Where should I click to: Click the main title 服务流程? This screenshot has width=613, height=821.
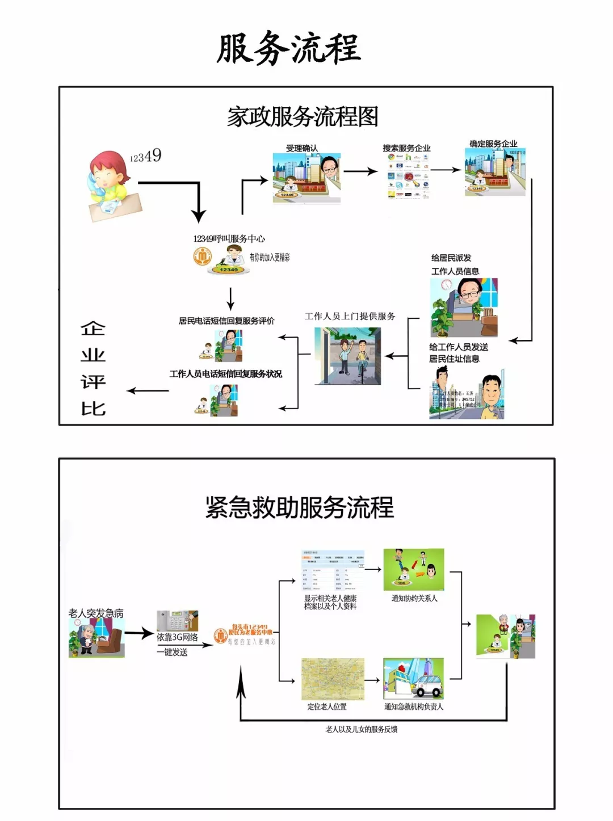click(288, 48)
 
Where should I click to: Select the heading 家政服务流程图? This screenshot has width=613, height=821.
click(303, 117)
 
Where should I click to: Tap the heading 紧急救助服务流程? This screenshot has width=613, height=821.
click(299, 507)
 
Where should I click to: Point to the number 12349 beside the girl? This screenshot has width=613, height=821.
click(146, 155)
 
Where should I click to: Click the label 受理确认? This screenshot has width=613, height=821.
click(302, 148)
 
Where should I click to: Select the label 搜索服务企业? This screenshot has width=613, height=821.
click(406, 148)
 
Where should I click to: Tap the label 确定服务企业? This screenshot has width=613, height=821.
click(493, 144)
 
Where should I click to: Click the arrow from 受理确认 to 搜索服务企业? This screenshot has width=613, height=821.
click(360, 171)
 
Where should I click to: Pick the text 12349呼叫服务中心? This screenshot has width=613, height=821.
click(229, 239)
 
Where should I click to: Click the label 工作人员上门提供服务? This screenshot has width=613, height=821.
click(350, 316)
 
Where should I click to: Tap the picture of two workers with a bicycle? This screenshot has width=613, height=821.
click(348, 356)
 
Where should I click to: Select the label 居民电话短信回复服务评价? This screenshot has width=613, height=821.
click(226, 321)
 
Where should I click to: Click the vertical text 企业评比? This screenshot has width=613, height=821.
click(93, 368)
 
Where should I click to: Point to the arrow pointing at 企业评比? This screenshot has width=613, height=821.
click(148, 390)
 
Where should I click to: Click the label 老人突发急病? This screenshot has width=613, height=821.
click(96, 613)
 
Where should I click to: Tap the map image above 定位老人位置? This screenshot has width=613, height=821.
click(333, 679)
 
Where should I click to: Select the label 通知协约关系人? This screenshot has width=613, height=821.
click(414, 598)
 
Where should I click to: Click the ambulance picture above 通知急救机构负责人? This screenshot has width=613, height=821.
click(413, 679)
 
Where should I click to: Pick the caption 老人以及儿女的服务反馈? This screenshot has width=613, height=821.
click(362, 729)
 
